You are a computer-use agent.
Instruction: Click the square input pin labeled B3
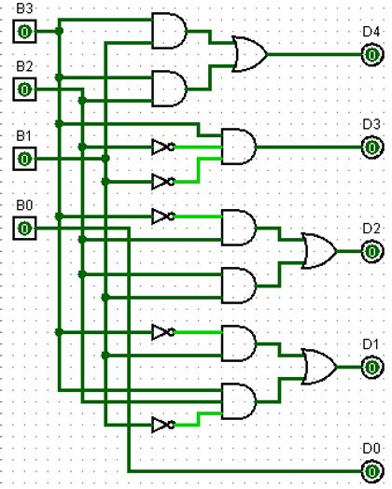point(24,33)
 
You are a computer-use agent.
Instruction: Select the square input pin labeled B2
point(24,90)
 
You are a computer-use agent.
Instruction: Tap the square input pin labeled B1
point(24,159)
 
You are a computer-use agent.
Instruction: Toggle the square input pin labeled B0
point(24,228)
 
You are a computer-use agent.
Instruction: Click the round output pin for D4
point(371,54)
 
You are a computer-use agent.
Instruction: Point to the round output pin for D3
point(371,147)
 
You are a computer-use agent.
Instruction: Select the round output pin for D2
point(371,251)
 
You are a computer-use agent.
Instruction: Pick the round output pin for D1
point(371,367)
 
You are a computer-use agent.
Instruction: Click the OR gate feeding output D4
point(249,54)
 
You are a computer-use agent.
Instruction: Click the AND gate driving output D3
point(238,147)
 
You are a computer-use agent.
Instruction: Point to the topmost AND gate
point(169,32)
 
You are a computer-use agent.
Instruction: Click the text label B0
point(23,204)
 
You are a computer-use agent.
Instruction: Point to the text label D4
point(371,32)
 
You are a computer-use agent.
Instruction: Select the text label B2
point(23,66)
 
